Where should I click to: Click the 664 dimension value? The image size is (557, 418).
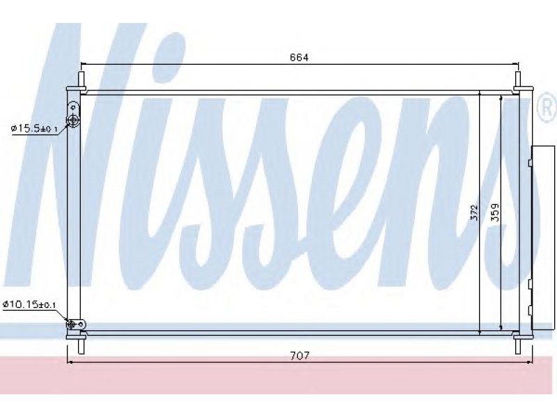click(x=299, y=57)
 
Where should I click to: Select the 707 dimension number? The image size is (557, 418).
click(x=300, y=355)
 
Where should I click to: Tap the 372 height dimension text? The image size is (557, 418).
click(x=475, y=212)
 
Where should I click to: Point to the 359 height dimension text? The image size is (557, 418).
click(x=495, y=212)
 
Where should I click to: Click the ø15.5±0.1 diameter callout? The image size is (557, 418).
click(x=34, y=128)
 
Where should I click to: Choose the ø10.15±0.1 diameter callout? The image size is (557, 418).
click(x=29, y=304)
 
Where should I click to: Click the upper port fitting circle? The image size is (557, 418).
click(x=73, y=121)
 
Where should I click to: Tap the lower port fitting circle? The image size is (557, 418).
click(x=71, y=324)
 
